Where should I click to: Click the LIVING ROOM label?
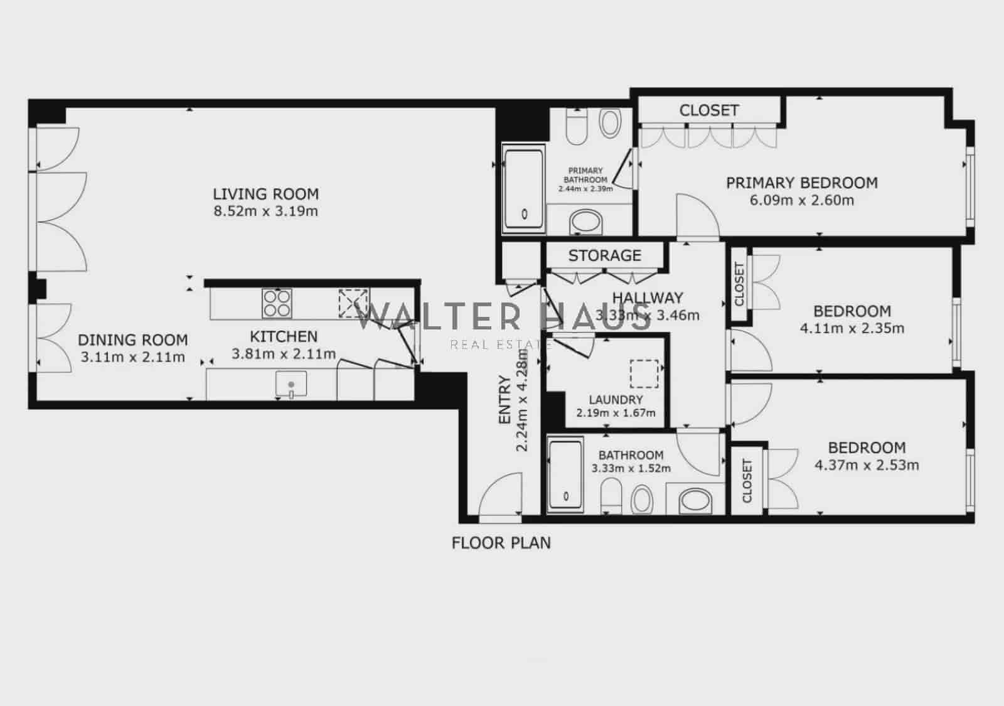click(x=265, y=194)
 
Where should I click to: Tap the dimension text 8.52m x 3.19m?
click(x=265, y=211)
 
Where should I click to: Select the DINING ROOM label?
click(x=132, y=340)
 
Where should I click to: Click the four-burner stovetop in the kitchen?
click(x=276, y=302)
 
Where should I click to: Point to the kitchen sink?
click(x=291, y=384)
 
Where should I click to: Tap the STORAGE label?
click(x=604, y=255)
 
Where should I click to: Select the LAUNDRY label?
click(x=616, y=400)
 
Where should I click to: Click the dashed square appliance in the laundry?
click(x=644, y=374)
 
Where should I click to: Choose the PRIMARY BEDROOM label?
click(x=801, y=183)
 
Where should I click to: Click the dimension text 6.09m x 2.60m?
click(x=801, y=201)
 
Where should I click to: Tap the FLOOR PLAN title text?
click(x=501, y=543)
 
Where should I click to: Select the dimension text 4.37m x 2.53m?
click(x=866, y=465)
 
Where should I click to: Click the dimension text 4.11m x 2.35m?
click(x=852, y=328)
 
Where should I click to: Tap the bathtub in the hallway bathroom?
click(x=566, y=475)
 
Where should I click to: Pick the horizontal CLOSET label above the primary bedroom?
click(x=708, y=110)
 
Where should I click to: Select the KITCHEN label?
click(x=284, y=336)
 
